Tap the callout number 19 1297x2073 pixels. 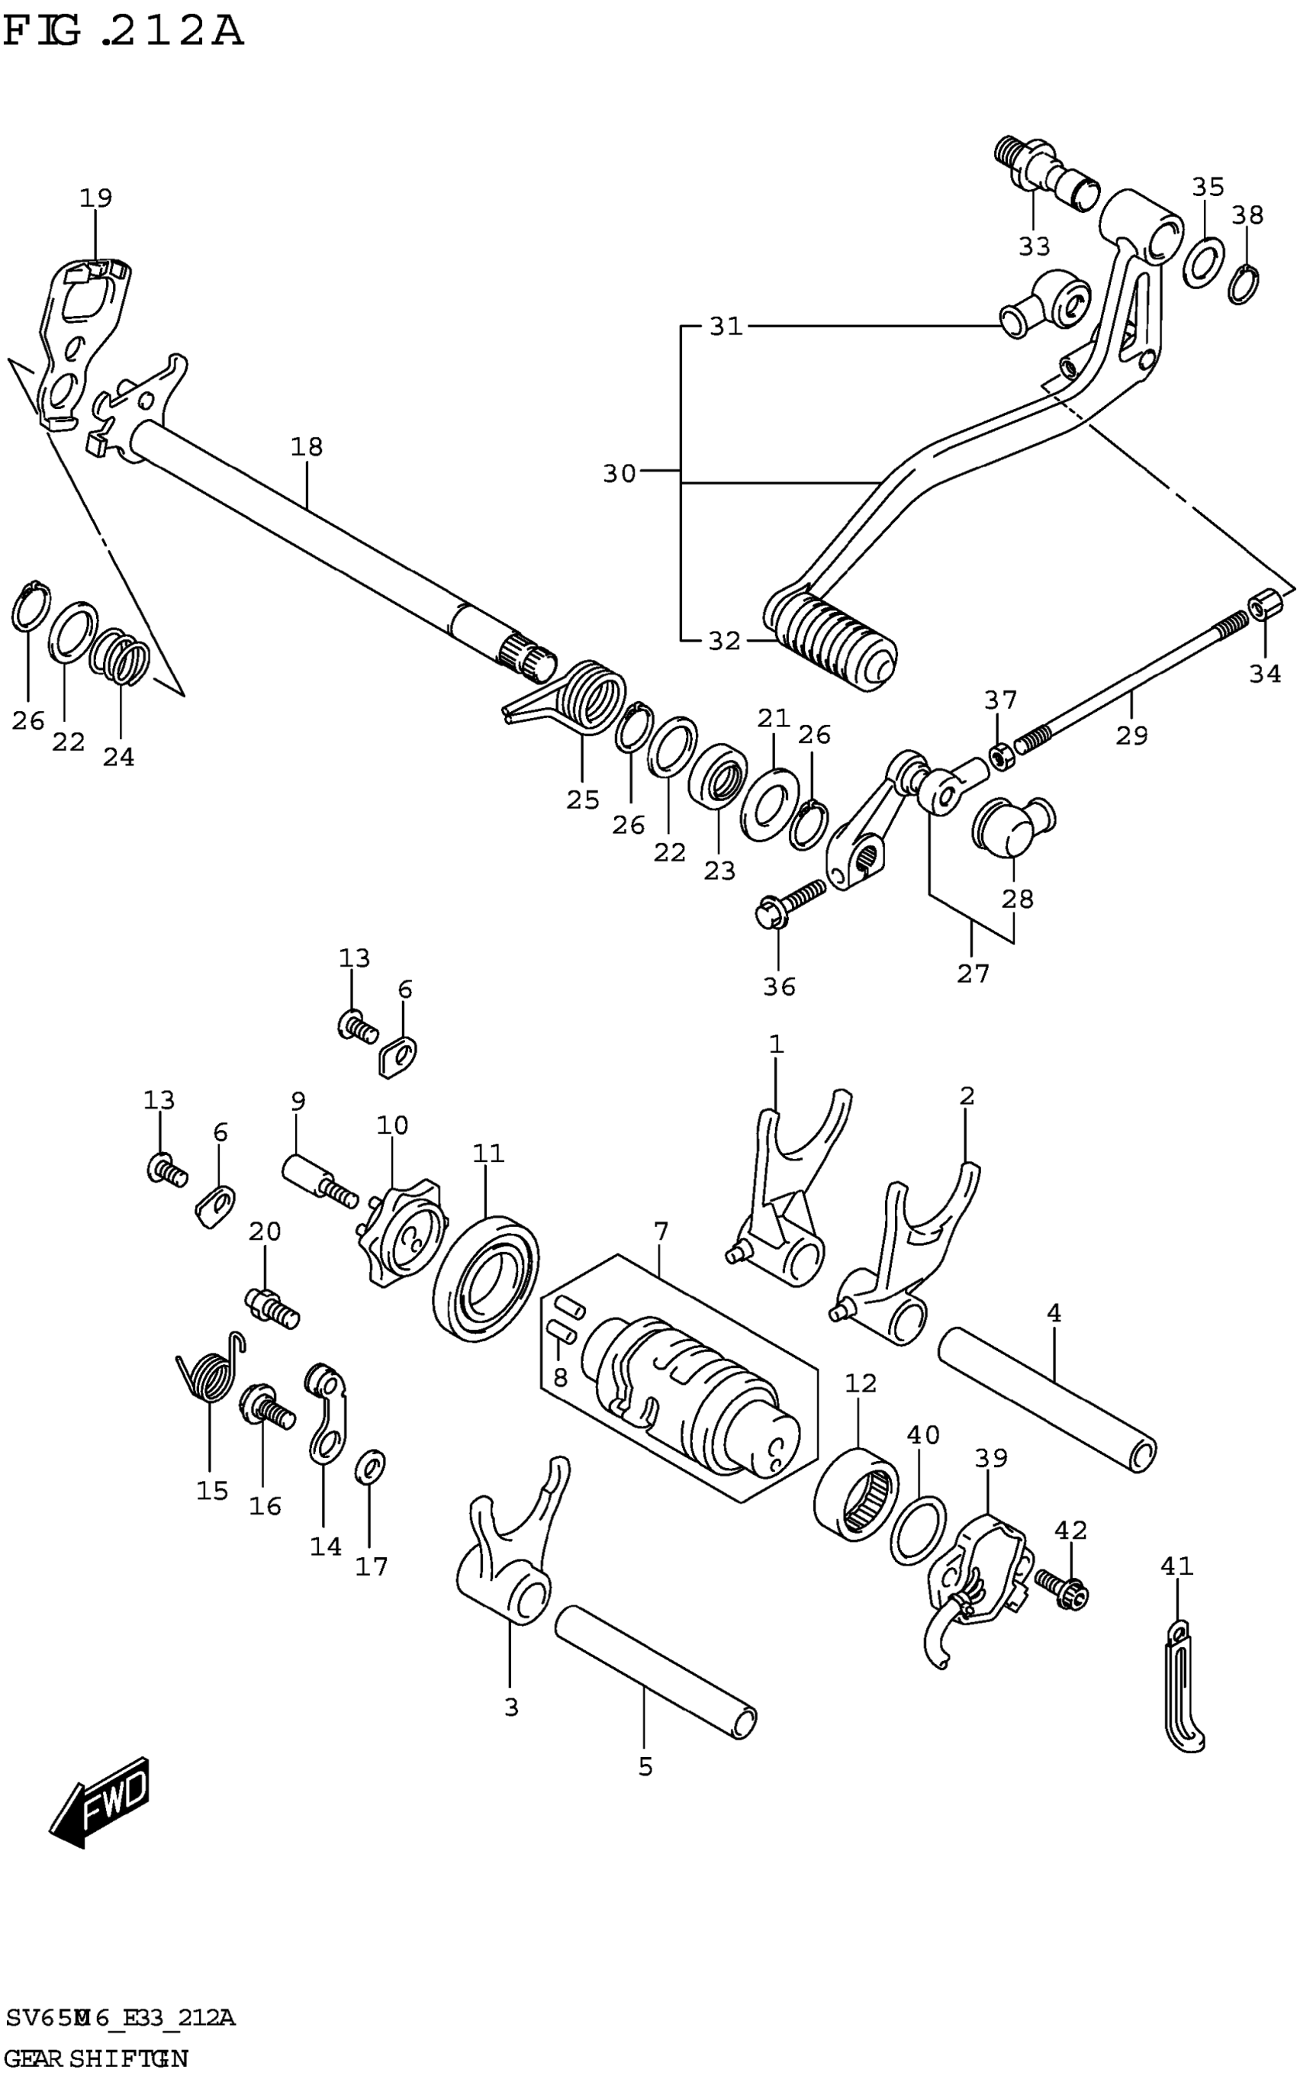pyautogui.click(x=96, y=198)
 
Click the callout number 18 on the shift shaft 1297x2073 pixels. pyautogui.click(x=306, y=447)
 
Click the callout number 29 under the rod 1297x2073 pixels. pyautogui.click(x=1131, y=735)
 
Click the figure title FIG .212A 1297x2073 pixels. pyautogui.click(x=124, y=33)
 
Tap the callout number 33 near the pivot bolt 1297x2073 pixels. pyautogui.click(x=1035, y=247)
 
